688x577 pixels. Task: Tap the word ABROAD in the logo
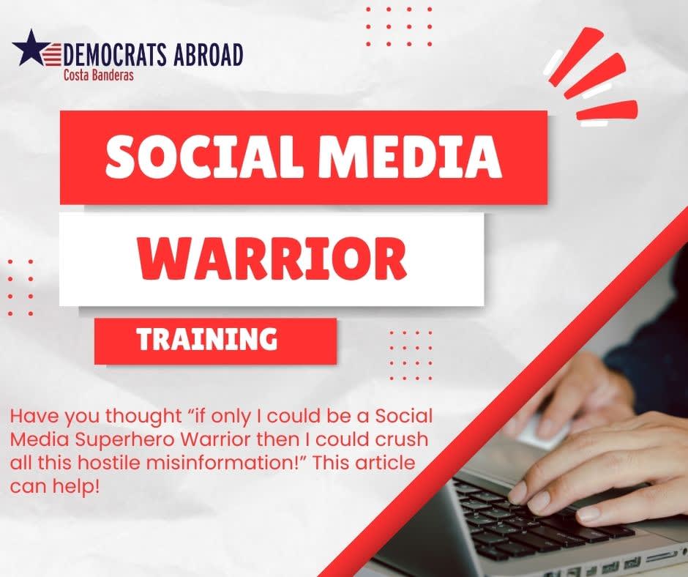pos(208,55)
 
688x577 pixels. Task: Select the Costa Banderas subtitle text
pos(98,75)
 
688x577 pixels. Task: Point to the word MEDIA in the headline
pos(410,156)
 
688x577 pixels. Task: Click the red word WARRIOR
pos(272,258)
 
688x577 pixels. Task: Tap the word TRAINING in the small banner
pos(206,339)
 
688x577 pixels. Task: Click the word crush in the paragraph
pos(402,439)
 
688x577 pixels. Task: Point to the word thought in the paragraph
pos(143,416)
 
